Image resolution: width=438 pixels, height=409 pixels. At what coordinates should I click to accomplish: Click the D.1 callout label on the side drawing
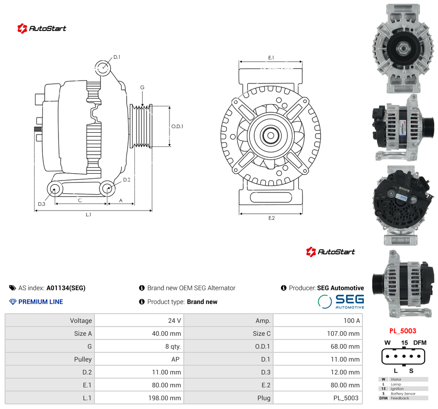(x=117, y=57)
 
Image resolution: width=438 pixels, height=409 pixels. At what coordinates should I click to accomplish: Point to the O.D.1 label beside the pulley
(x=177, y=127)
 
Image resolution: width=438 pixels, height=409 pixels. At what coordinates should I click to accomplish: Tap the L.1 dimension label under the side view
(x=88, y=215)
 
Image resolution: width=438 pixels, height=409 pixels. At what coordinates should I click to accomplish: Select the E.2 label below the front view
(x=272, y=218)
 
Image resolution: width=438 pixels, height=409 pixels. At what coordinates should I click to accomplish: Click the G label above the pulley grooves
(x=142, y=88)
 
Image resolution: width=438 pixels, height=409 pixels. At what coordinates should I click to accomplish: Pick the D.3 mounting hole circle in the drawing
(x=55, y=189)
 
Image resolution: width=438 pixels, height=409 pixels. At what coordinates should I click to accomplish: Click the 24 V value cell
(x=175, y=321)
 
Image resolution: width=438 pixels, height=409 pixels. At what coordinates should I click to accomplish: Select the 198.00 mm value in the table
(x=164, y=398)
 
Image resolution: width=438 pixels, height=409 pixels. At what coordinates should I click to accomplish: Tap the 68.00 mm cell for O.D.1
(x=345, y=346)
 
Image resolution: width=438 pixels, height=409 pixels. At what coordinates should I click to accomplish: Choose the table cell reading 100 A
(x=352, y=321)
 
